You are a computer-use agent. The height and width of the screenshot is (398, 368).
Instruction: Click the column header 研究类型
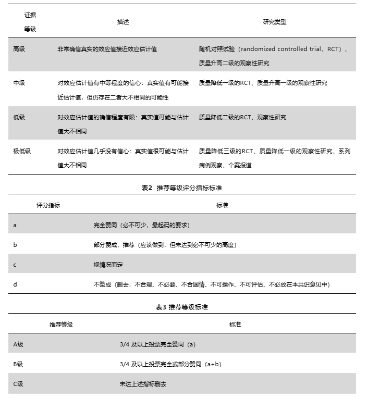[274, 22]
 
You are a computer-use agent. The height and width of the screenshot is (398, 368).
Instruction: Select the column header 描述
[123, 22]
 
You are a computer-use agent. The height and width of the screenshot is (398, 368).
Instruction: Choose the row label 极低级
[22, 151]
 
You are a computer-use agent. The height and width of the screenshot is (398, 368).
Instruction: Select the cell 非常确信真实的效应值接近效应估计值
[107, 49]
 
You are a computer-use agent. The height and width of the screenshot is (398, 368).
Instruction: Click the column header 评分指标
[48, 205]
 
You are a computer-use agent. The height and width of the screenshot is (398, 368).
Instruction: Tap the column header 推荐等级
[61, 324]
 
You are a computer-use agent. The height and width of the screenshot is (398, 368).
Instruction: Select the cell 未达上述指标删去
[143, 384]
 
